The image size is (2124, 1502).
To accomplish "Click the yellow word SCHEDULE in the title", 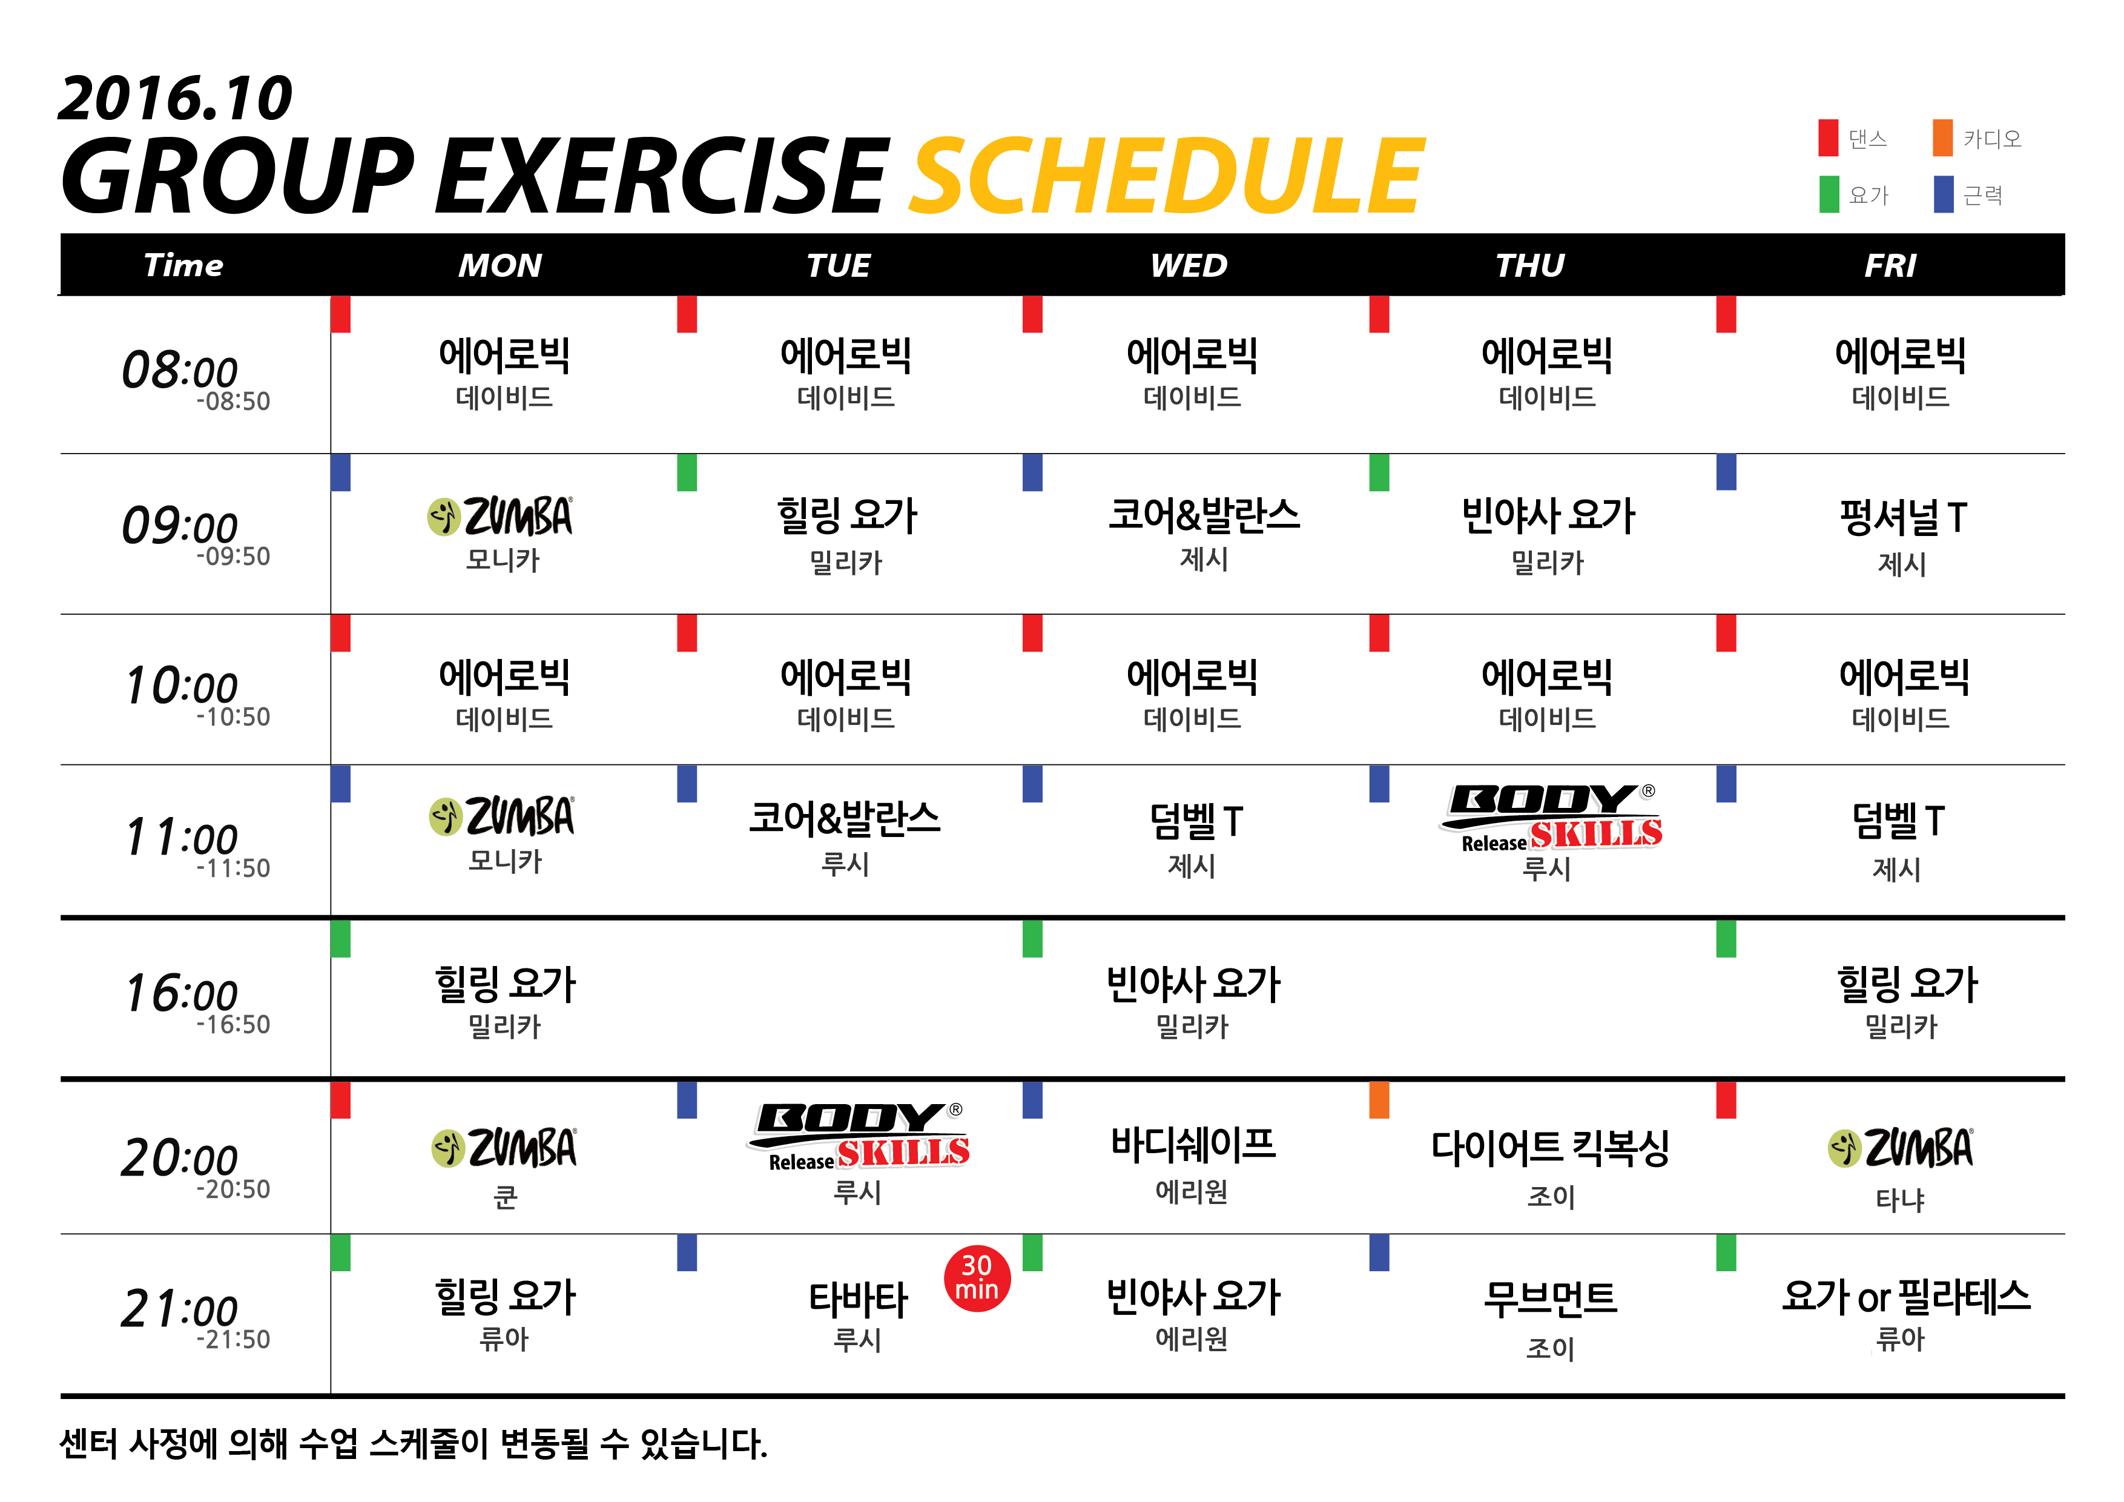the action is click(1167, 176).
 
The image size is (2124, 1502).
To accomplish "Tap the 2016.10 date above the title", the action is click(175, 98).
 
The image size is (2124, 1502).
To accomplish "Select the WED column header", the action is click(1189, 266).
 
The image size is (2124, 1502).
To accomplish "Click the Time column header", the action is click(184, 266).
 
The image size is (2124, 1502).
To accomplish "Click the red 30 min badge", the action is click(977, 1278).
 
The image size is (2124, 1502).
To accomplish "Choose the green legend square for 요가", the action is click(1829, 194).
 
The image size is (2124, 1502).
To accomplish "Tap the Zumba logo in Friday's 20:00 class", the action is click(1900, 1148).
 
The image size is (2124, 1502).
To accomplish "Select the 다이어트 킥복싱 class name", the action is click(1551, 1148).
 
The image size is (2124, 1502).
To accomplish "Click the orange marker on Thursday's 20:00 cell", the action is click(1379, 1099).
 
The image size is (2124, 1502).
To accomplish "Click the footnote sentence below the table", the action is click(414, 1444).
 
